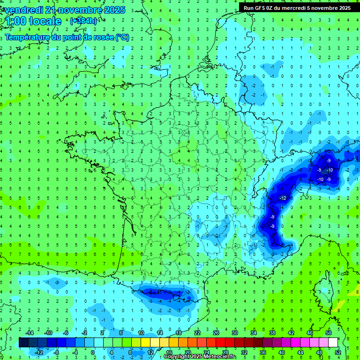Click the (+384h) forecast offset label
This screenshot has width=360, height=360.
coord(84,21)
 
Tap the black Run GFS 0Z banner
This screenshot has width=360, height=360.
coord(299,7)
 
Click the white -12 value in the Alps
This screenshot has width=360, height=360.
coord(282,199)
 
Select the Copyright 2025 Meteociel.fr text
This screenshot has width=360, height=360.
coord(200,357)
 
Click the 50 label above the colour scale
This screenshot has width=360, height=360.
coord(328,333)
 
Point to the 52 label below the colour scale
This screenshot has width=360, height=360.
coord(337,352)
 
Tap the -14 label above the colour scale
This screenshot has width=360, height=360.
coord(29,333)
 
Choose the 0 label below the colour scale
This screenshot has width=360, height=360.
coord(93,352)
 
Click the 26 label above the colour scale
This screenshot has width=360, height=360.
coord(216,333)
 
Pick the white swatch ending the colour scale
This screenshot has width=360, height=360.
coord(333,343)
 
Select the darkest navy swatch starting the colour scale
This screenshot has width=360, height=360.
coord(23,343)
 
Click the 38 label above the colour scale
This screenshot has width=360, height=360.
coord(272,333)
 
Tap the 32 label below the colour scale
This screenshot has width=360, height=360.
coord(244,352)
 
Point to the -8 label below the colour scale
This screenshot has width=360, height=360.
coord(56,352)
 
